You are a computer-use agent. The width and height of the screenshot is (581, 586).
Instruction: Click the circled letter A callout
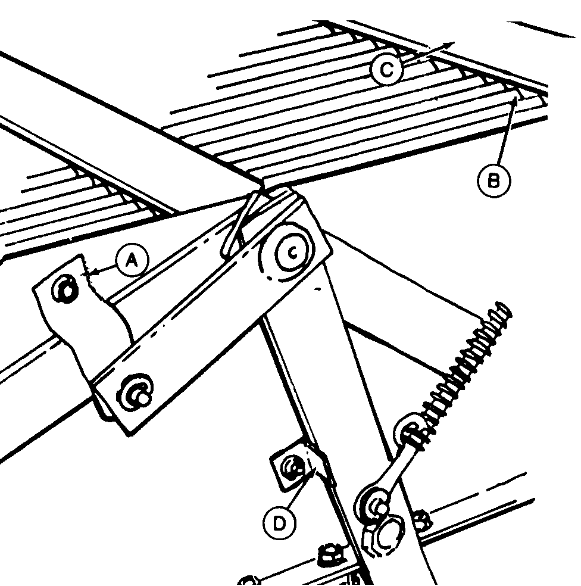click(132, 260)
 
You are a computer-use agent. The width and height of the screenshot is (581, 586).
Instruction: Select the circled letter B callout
click(493, 181)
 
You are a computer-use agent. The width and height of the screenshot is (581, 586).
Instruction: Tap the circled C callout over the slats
click(387, 70)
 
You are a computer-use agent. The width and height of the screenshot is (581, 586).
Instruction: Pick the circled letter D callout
click(279, 523)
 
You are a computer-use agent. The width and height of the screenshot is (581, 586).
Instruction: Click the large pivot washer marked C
click(293, 253)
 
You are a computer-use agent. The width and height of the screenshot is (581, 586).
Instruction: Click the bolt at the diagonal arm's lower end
click(135, 392)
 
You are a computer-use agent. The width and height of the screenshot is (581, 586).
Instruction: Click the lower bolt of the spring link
click(374, 504)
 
